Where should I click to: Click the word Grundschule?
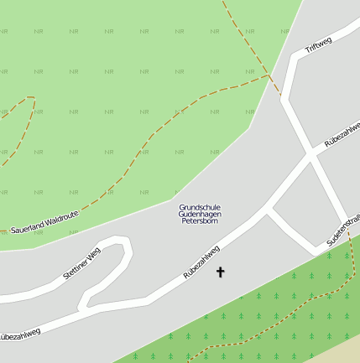200,207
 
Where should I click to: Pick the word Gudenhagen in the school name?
200,215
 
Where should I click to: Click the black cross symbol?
221,272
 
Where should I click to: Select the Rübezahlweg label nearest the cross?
201,262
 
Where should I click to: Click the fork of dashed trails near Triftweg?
269,75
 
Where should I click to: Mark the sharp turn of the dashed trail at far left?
32,98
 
